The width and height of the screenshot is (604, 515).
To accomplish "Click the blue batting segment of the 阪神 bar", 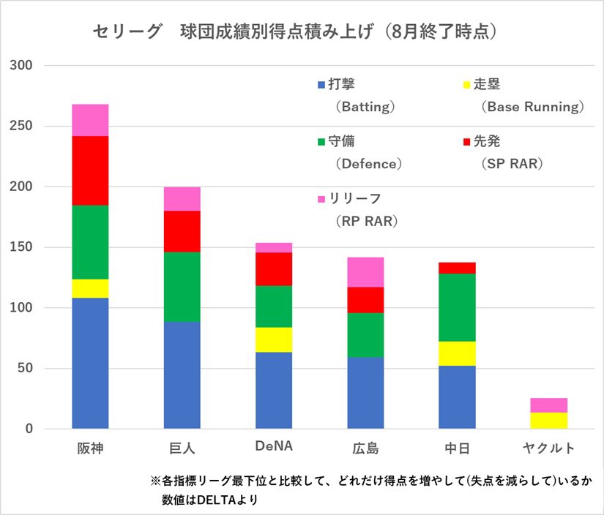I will (90, 363).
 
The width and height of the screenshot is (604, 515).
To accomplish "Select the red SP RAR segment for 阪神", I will (90, 170).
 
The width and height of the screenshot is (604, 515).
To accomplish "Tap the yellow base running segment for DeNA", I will (274, 339).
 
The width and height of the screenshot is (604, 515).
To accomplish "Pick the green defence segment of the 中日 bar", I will (457, 307).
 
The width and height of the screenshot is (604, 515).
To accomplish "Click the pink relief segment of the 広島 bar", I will (365, 272).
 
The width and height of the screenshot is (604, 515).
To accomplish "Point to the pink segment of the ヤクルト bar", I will (549, 405).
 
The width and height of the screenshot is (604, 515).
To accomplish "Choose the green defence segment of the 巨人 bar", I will (182, 287).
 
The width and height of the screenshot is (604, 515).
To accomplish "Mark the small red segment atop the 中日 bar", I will (457, 268).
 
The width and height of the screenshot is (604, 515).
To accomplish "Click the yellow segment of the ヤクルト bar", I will (549, 421).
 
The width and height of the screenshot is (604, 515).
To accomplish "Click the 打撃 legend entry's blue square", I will (321, 85).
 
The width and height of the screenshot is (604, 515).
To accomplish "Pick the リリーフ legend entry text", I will (358, 199).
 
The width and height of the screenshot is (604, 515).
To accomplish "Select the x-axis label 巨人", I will (182, 448).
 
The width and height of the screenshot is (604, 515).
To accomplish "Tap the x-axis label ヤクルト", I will (549, 448).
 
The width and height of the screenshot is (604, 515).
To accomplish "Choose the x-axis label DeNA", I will (274, 447).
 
